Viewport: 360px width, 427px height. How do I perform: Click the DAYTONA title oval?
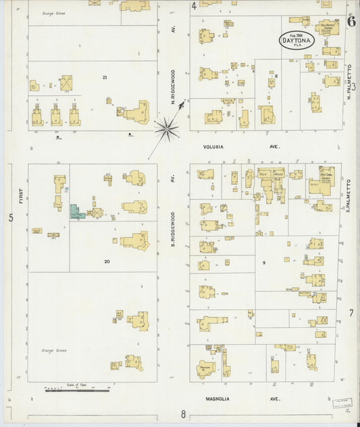(297, 40)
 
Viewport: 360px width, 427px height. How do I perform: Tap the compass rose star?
(167, 126)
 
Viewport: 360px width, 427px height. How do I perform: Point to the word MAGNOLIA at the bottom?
(218, 399)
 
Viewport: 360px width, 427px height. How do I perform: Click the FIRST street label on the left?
(21, 197)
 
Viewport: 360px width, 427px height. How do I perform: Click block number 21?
(105, 78)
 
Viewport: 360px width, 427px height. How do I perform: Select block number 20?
(107, 261)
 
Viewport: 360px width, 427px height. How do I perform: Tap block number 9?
(265, 263)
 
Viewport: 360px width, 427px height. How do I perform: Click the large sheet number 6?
(351, 20)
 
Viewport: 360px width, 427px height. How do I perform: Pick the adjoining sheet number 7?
(351, 313)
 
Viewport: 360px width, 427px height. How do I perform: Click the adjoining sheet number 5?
(10, 218)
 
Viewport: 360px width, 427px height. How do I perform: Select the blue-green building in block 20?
(76, 211)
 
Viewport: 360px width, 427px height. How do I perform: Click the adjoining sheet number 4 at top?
(194, 7)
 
